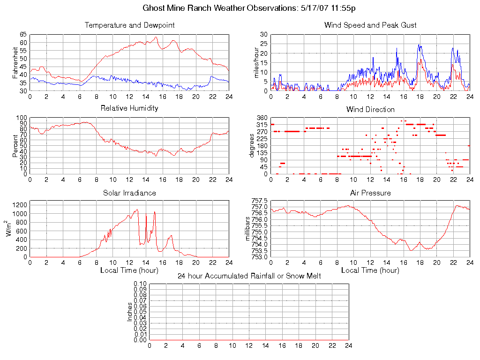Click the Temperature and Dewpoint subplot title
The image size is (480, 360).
[129, 25]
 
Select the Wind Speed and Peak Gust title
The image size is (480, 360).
[370, 25]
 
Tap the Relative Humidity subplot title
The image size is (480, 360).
[129, 108]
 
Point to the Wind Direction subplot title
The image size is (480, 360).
[370, 109]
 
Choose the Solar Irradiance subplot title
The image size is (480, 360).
[129, 193]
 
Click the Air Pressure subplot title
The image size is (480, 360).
[370, 193]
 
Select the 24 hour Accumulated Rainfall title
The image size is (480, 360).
[249, 276]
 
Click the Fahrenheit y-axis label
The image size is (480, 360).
[15, 62]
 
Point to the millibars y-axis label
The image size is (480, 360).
[249, 228]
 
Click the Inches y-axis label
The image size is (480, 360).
[130, 312]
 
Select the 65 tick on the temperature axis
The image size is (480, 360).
[23, 35]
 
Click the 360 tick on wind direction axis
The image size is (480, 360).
[262, 118]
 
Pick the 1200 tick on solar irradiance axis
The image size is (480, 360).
[20, 205]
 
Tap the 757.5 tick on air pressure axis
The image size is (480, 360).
[259, 201]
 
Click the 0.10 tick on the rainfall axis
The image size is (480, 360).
[140, 284]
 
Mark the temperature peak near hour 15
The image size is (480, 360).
[156, 37]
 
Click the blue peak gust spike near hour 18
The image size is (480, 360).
[419, 45]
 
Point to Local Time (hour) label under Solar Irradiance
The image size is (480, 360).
[129, 270]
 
